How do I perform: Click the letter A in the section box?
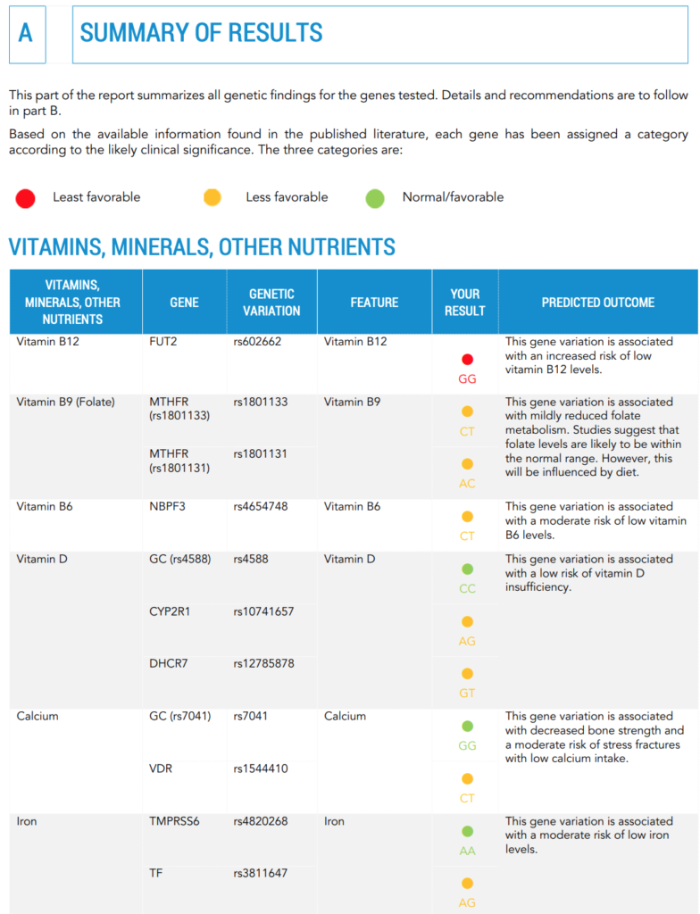coord(26,34)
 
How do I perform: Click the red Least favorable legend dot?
coord(25,198)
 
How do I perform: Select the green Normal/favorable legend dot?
coord(375,198)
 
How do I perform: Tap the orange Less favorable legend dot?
coord(212,198)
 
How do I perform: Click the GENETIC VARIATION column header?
coord(271,303)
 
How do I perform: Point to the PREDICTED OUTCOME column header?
coord(597,303)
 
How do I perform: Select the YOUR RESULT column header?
coord(465,303)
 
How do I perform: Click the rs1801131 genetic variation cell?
coord(261,454)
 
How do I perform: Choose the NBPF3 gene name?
coord(169,507)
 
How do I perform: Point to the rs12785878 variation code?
coord(263,664)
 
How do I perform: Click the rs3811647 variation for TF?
coord(261,874)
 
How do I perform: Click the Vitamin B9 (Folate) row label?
coord(66,403)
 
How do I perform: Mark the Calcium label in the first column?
coord(37,717)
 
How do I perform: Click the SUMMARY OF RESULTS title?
coord(202,34)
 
